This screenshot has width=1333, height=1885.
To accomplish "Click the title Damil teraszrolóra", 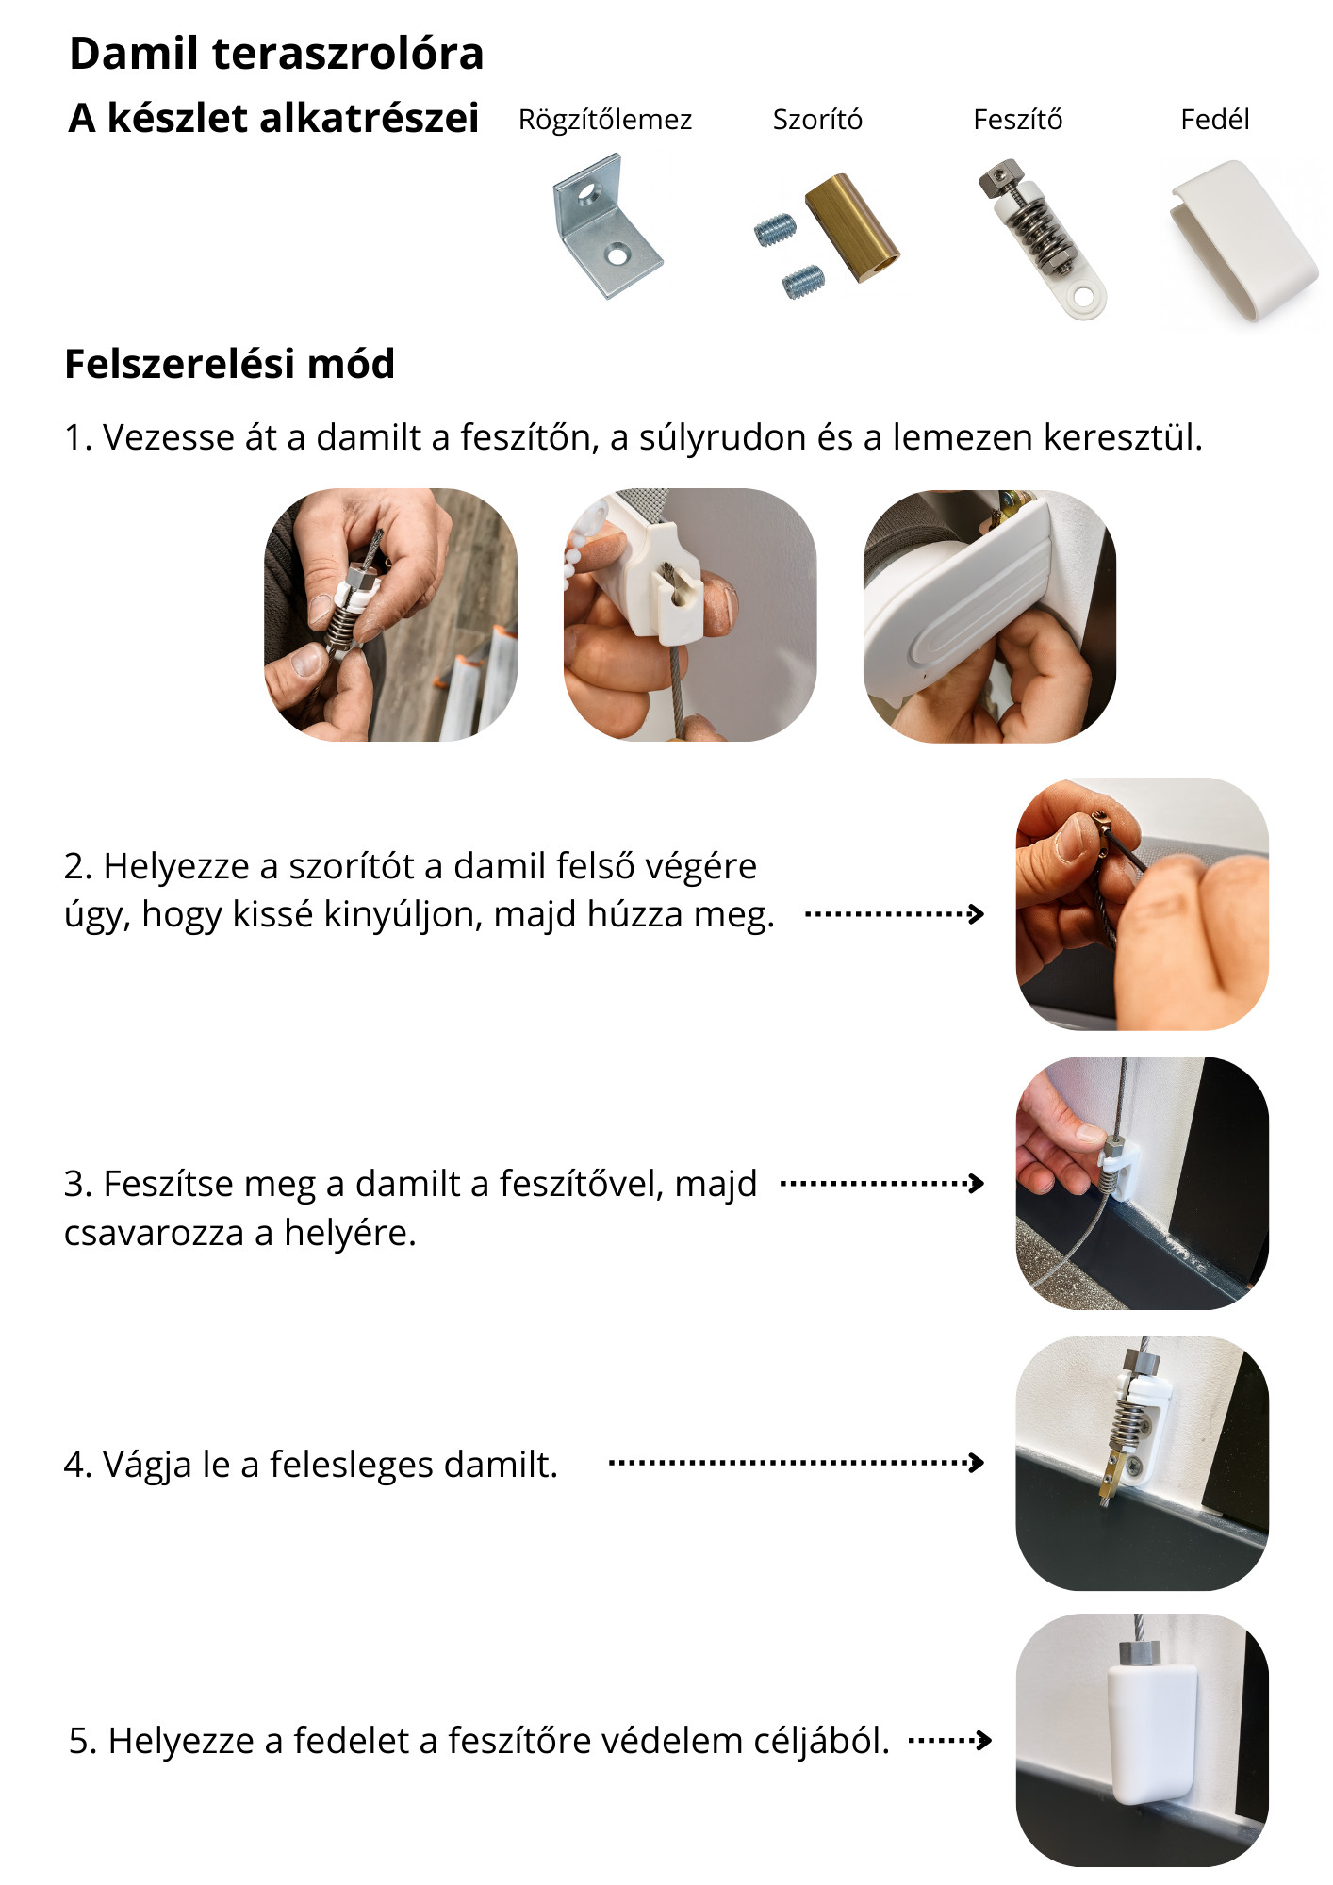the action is click(x=276, y=53).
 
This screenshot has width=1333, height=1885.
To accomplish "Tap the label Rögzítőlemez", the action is click(x=605, y=120).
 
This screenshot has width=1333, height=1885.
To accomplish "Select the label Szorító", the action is click(x=817, y=120).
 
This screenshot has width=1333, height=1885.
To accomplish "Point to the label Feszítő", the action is click(x=1017, y=120).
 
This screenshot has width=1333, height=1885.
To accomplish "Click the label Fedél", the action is click(x=1215, y=120).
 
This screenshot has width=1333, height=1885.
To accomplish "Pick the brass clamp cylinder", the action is click(x=852, y=228).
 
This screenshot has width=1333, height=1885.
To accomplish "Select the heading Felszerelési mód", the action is click(x=229, y=364).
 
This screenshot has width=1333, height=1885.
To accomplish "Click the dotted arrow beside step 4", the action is click(x=798, y=1463).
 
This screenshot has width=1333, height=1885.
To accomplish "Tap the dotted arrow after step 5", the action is click(x=950, y=1740).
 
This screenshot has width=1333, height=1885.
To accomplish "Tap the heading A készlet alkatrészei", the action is click(x=273, y=119).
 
